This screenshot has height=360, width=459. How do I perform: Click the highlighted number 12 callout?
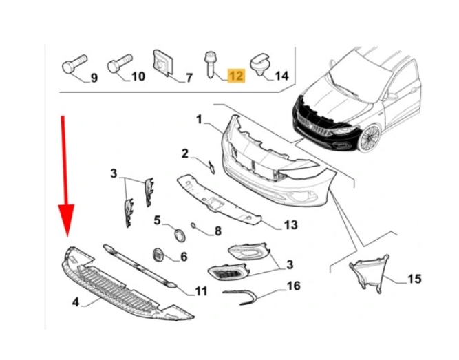236,76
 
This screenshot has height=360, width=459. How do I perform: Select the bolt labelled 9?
74,64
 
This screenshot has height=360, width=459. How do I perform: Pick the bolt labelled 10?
120,63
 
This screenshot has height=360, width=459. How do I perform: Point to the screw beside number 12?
211,65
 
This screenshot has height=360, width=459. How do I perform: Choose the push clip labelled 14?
260,65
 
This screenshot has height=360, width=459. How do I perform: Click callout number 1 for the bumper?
200,120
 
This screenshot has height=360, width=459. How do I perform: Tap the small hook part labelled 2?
211,167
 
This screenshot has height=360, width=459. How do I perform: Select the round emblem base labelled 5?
180,235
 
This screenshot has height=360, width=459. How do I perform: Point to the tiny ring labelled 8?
193,225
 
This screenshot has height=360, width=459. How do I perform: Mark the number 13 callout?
290,225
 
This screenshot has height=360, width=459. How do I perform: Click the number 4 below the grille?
76,301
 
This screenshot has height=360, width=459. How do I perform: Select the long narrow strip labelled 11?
140,266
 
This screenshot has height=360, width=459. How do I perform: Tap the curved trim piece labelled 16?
240,297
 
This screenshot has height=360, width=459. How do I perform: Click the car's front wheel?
370,138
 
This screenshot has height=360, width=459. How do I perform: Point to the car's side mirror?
392,96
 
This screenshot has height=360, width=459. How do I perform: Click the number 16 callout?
294,286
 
